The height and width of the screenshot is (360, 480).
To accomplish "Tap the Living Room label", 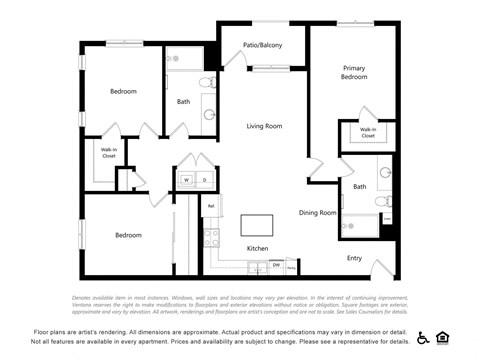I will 265,126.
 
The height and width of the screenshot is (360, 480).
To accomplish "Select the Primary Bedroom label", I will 354,72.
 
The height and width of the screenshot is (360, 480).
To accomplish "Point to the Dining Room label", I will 318,212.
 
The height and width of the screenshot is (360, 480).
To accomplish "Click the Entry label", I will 354,258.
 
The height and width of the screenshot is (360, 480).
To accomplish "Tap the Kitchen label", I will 258,248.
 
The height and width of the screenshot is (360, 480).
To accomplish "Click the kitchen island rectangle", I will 257,223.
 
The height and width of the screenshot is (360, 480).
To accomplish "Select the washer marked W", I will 186,180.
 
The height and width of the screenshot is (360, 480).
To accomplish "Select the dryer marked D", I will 204,180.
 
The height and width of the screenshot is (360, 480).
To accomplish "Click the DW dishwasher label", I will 276,265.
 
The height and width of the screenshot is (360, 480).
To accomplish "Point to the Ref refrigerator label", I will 210,207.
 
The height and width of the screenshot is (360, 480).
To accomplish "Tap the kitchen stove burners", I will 211,238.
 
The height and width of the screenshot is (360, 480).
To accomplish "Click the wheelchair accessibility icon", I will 423,337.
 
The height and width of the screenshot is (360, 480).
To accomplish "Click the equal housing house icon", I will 443,337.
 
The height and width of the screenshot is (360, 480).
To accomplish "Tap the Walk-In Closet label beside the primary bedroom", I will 368,132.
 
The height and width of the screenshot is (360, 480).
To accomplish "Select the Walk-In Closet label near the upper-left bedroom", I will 108,153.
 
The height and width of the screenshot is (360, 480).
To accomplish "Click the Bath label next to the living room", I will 184,101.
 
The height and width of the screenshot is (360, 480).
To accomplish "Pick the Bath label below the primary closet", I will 359,186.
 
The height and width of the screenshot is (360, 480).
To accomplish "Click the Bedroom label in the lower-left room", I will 128,235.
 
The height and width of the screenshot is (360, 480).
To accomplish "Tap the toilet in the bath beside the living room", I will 207,82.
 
